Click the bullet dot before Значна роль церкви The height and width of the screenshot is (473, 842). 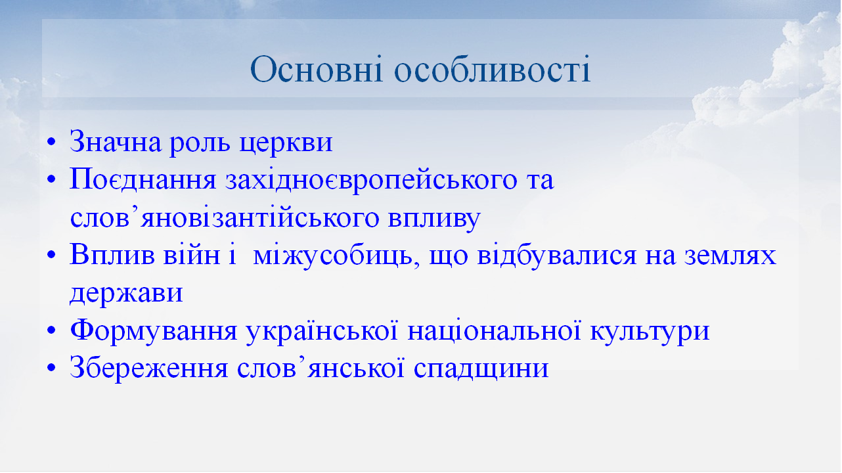click(x=52, y=144)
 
